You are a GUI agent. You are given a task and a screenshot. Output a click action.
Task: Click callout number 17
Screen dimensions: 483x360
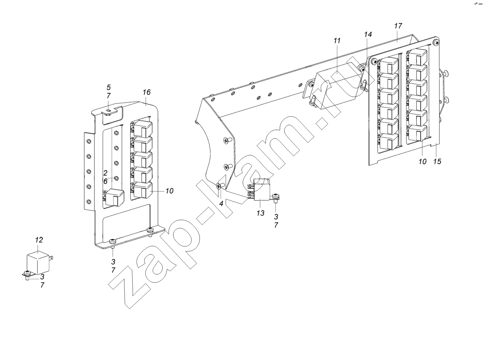point(398,26)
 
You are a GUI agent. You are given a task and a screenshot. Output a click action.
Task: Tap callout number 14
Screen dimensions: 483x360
point(368,35)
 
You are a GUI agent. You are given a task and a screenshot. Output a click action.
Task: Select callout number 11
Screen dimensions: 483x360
point(337,41)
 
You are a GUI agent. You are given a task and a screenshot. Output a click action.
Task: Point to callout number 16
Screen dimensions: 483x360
point(146,92)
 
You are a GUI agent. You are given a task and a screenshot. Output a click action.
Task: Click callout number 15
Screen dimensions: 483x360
point(437,162)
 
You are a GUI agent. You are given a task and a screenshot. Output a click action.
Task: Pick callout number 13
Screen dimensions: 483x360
point(260,213)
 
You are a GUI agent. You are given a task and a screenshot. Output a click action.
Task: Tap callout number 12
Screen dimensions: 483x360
point(39,240)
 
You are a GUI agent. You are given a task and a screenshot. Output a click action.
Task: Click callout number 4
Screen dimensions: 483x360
point(221,204)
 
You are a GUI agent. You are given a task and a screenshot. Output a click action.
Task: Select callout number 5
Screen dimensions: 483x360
point(109,88)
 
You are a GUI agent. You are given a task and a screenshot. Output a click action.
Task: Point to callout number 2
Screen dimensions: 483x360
point(105,173)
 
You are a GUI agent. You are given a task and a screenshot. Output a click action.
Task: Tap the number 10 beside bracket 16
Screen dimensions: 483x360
point(169,191)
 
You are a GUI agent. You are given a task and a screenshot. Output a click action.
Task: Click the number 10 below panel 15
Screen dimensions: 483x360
point(422,162)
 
